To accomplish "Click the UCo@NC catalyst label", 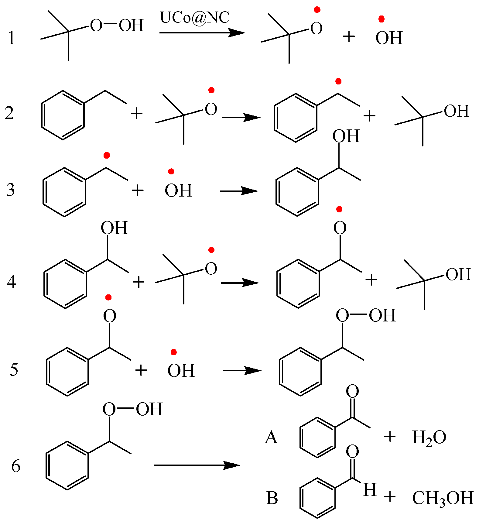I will point(194,18).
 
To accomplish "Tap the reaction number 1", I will point(12,39).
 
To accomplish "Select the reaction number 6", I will point(16,466).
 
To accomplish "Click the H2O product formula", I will point(429,438).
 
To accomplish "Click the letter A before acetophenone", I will point(271,438).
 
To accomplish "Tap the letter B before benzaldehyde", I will point(272,498).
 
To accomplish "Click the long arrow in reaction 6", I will point(197,465).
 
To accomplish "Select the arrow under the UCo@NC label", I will point(202,33).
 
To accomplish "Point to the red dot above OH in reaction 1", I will point(381,19).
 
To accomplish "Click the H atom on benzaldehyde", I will point(370,489).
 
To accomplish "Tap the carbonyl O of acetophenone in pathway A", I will point(352,391).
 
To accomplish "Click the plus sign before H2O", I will point(390,437).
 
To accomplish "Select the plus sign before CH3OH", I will point(390,497).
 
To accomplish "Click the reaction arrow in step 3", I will point(239,191).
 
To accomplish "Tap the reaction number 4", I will point(12,282).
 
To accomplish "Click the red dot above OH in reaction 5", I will point(173,352).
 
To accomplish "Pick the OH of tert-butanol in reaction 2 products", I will point(457,111).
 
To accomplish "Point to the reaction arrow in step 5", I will point(242,370).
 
